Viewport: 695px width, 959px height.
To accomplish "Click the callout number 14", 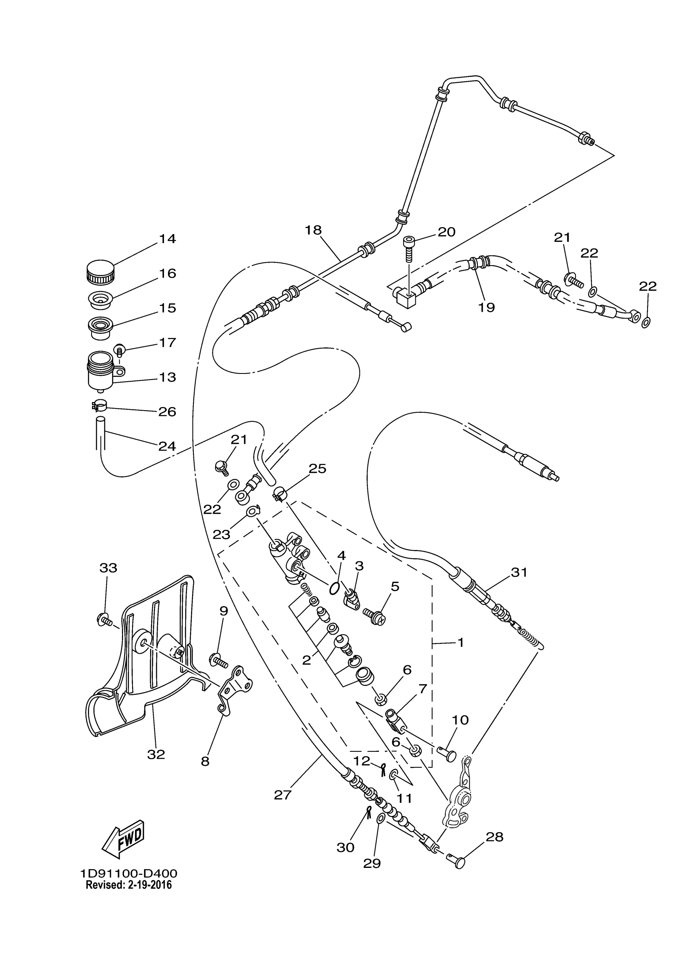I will tap(167, 239).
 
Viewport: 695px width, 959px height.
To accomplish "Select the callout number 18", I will tap(314, 230).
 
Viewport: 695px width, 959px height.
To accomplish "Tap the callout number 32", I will tap(156, 754).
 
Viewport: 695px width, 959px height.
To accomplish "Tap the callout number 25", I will tap(318, 469).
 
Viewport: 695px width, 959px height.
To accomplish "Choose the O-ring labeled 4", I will tap(334, 588).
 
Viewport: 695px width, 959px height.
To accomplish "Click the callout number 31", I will tap(520, 572).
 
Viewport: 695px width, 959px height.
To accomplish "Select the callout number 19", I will tap(486, 307).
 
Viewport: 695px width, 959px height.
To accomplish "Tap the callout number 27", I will tap(282, 795).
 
